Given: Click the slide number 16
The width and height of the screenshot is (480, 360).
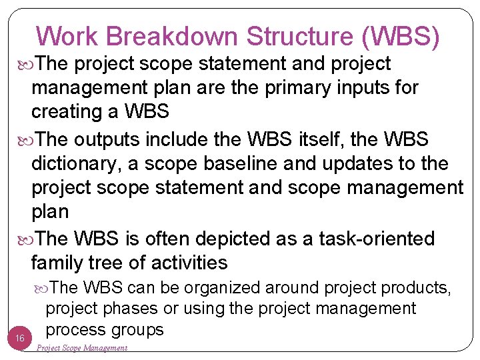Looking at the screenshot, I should point(21,339).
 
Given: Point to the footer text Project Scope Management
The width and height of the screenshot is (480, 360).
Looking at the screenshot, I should point(81,348).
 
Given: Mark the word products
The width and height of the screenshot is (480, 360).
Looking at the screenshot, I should point(417,288).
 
